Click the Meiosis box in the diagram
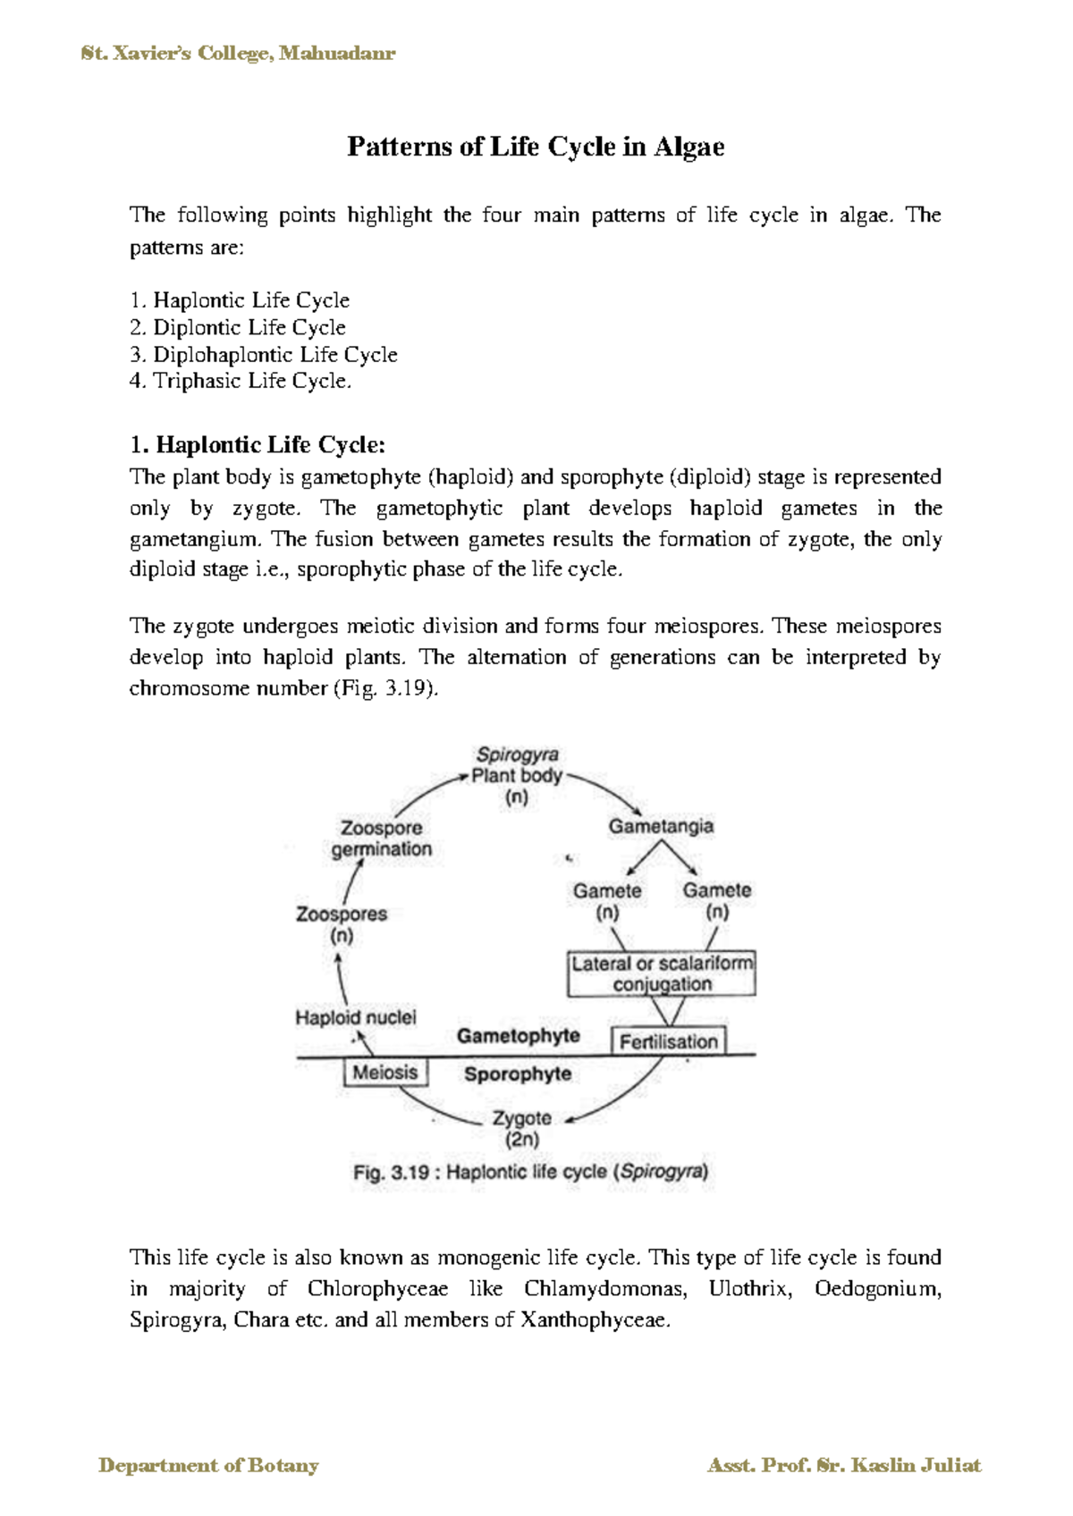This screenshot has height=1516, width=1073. point(385,1073)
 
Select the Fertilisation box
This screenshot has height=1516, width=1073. point(668,1041)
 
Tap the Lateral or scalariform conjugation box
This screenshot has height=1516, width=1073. point(662,973)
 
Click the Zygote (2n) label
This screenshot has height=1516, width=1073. point(522,1129)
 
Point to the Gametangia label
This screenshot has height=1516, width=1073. point(661,826)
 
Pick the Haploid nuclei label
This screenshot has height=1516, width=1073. point(356,1017)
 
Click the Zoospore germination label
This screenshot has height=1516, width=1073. point(382,838)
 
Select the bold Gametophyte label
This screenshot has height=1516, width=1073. point(519,1036)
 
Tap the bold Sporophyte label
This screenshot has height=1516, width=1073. point(518,1074)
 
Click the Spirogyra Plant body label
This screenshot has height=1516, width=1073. point(517,775)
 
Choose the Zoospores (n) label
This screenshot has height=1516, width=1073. point(342,924)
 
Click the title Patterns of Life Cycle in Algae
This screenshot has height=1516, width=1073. point(536,147)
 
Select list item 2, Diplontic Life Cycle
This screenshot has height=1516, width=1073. point(238,327)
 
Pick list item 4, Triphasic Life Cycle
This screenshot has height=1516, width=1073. point(241,381)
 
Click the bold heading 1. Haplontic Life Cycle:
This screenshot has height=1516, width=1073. point(258,444)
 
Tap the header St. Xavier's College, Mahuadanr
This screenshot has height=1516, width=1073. point(238,54)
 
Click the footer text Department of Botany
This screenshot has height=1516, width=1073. point(208,1465)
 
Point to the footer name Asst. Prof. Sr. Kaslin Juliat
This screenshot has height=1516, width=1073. point(844,1465)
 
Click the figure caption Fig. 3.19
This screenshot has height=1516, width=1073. point(531,1172)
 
